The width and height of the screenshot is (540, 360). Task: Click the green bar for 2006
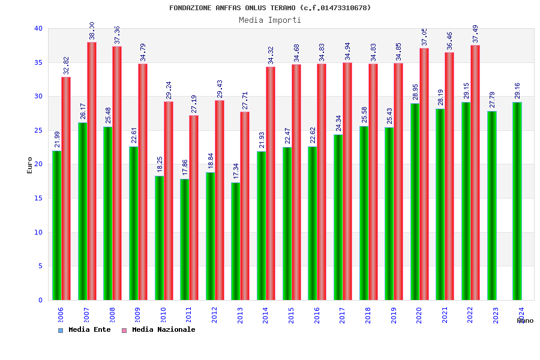pos(56,225)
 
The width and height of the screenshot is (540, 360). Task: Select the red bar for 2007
pos(92,171)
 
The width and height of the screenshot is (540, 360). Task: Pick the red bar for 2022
pos(475,172)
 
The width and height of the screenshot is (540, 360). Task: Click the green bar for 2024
pos(517,201)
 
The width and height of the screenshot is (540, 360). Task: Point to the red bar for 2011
pos(194,208)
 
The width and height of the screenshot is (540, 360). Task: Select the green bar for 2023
pos(492,205)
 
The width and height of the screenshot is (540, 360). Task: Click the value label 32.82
pos(67,65)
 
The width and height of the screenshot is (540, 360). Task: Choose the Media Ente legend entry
pos(85,329)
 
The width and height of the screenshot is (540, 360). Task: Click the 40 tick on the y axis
pos(38,28)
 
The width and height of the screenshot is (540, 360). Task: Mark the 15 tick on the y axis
pos(38,198)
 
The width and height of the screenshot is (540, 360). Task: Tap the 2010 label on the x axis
pos(163,316)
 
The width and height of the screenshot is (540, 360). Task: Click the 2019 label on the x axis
pos(394,316)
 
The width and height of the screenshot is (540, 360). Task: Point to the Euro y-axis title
pos(30,165)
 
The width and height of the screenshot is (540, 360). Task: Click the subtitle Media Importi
pos(270,20)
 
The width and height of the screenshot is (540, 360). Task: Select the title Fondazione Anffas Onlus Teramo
pos(270,8)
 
